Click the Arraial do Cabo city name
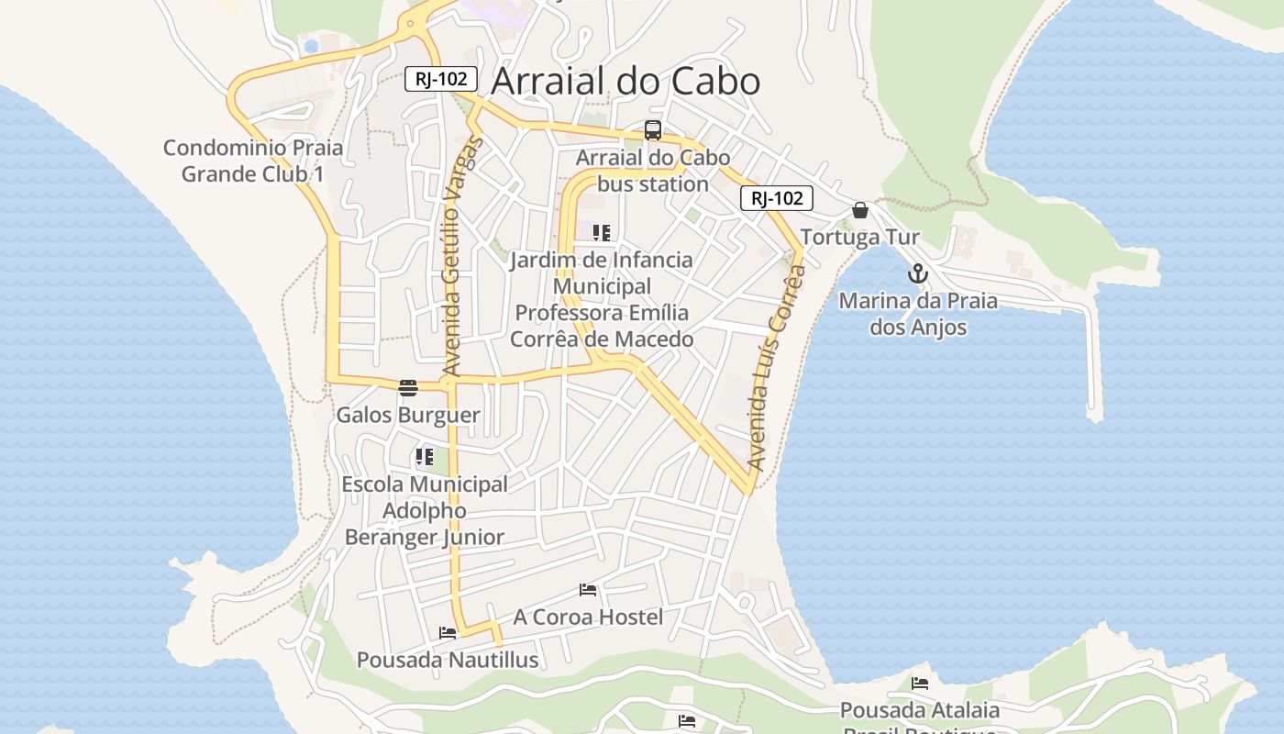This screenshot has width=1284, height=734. (x=625, y=81)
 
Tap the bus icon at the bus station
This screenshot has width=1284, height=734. (x=653, y=130)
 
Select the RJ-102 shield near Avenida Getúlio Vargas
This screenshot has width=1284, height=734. (x=441, y=79)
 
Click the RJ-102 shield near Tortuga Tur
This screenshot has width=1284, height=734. (x=777, y=198)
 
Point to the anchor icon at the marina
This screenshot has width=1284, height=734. (x=918, y=273)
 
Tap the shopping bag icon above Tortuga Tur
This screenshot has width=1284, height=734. (x=860, y=211)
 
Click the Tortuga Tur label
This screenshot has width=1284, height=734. (x=859, y=238)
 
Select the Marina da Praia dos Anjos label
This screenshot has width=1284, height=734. (x=918, y=314)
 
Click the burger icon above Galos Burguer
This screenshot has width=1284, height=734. (x=408, y=388)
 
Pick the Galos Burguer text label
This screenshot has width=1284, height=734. (x=408, y=415)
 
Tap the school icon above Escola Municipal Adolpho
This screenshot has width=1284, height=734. (x=424, y=456)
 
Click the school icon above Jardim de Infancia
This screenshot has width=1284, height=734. (x=602, y=233)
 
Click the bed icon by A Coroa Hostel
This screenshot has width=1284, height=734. (x=588, y=590)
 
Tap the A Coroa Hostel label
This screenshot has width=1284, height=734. (x=588, y=617)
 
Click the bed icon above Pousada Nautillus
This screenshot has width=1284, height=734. (x=448, y=633)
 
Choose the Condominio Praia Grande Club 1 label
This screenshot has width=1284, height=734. (x=252, y=161)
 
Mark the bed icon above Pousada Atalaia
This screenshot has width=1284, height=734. (x=920, y=684)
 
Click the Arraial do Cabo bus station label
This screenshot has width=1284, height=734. (x=653, y=171)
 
